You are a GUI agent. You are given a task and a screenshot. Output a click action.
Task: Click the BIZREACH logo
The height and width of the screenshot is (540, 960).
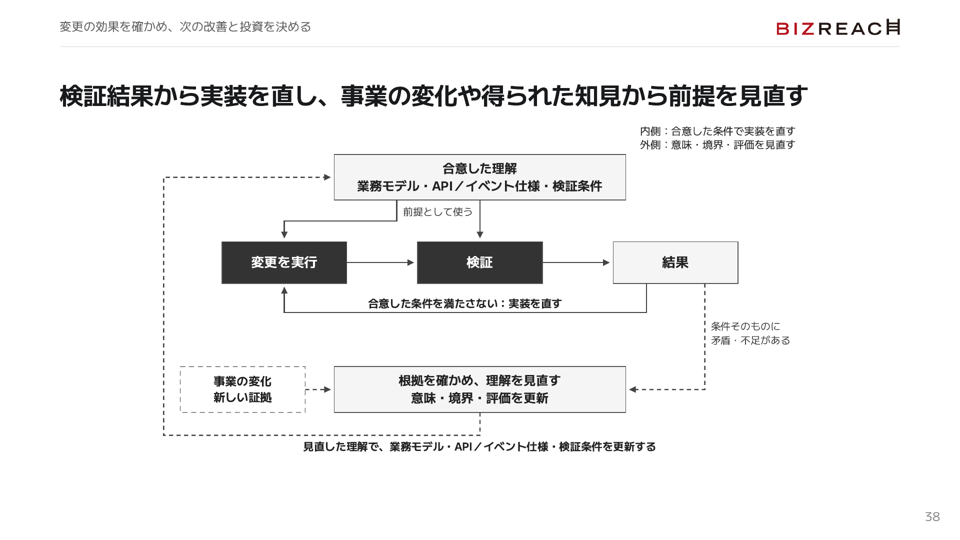[838, 27]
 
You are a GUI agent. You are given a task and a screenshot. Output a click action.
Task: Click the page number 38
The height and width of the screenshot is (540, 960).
[932, 516]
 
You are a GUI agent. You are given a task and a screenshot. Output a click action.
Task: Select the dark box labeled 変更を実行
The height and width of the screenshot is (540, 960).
[284, 262]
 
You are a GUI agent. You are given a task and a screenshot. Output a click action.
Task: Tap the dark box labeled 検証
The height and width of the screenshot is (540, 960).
[480, 262]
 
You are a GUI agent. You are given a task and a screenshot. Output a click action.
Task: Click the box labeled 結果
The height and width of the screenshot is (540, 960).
[675, 262]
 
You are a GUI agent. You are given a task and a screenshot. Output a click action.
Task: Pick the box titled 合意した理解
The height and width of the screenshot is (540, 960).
[480, 177]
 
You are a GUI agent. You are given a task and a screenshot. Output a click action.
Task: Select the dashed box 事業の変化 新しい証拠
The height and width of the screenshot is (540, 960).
[242, 389]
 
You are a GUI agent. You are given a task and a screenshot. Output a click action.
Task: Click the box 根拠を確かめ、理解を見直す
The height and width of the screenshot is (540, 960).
[480, 389]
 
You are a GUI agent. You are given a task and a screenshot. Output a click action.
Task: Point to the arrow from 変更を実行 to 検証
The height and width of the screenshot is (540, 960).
[380, 262]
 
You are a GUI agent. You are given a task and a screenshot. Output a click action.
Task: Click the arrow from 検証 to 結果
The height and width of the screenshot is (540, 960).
[576, 262]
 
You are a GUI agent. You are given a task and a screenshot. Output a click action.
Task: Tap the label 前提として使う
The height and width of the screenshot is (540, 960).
[437, 212]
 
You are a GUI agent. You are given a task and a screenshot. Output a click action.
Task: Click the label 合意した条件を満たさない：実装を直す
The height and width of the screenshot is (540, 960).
[464, 303]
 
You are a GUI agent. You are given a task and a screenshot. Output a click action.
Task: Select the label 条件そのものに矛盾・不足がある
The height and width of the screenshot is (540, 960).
[750, 333]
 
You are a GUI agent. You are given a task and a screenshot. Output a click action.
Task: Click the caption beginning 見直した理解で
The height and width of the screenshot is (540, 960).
[479, 446]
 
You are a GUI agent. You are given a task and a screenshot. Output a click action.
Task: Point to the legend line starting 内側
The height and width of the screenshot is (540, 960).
[717, 131]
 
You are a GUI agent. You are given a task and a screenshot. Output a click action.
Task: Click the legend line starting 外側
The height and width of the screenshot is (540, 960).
[717, 144]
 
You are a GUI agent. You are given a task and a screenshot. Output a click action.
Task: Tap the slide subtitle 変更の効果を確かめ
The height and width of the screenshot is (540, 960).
[185, 26]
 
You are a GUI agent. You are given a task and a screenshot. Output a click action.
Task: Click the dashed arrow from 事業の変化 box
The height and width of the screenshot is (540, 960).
[318, 389]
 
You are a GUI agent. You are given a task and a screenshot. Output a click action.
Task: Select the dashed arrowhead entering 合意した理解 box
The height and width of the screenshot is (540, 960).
[327, 177]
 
